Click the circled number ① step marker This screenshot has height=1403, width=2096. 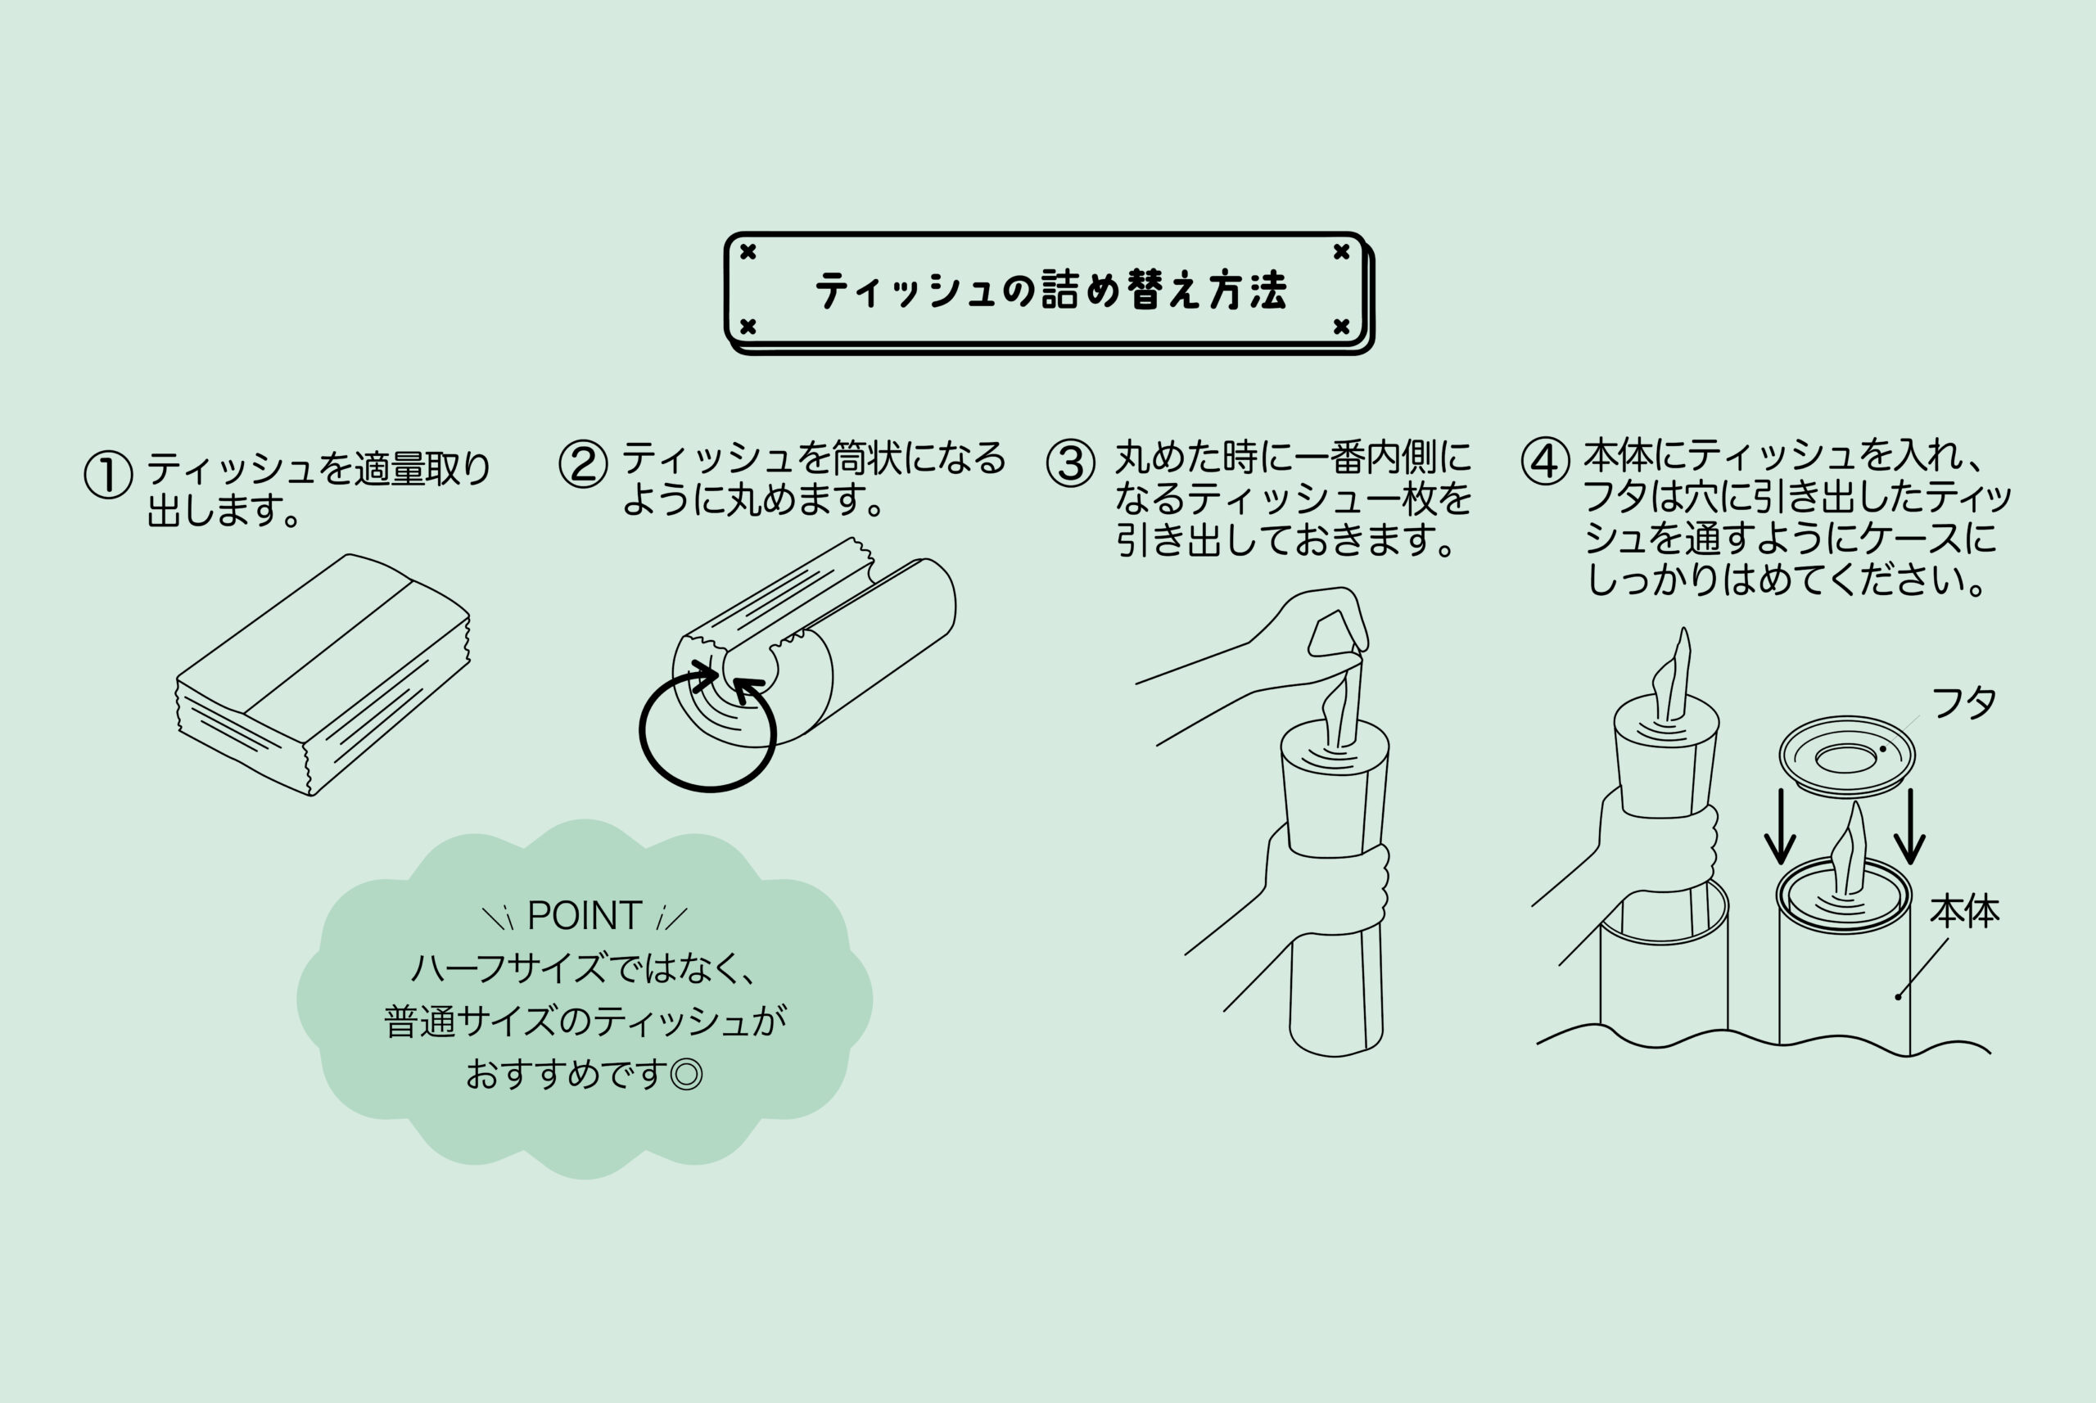[x=108, y=474]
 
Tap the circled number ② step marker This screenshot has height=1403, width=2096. [x=584, y=463]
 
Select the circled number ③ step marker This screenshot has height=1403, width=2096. [x=1071, y=462]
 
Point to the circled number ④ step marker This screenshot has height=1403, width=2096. [x=1546, y=461]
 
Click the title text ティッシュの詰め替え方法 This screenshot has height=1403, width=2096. [x=1050, y=291]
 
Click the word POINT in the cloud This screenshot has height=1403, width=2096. [x=585, y=915]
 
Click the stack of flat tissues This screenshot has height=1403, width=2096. [x=323, y=674]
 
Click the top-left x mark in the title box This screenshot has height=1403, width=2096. [x=748, y=251]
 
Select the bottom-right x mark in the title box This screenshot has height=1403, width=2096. [x=1340, y=327]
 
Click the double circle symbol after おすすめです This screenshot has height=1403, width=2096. [x=686, y=1074]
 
